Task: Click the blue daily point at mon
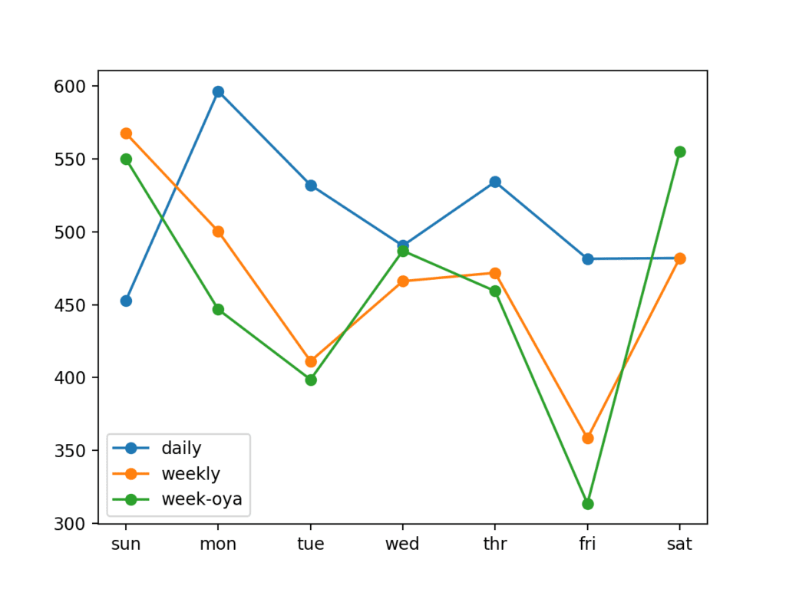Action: click(x=218, y=92)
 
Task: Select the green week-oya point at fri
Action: click(x=587, y=504)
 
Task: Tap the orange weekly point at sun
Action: click(x=126, y=133)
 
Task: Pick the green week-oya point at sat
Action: click(x=679, y=152)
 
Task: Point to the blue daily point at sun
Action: click(x=126, y=301)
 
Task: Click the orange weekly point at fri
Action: click(x=587, y=438)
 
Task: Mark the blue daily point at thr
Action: click(x=495, y=182)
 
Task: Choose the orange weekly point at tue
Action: click(x=311, y=361)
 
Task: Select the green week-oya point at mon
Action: click(x=218, y=309)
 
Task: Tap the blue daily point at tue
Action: click(x=311, y=186)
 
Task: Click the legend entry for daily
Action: click(x=181, y=447)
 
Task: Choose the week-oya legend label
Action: click(x=201, y=499)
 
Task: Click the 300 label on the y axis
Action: click(x=76, y=524)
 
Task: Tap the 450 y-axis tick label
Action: click(x=76, y=305)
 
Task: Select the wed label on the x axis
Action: click(x=402, y=545)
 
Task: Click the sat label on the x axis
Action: click(x=679, y=545)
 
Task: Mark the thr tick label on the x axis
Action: click(x=495, y=545)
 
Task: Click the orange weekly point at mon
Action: click(x=218, y=232)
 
